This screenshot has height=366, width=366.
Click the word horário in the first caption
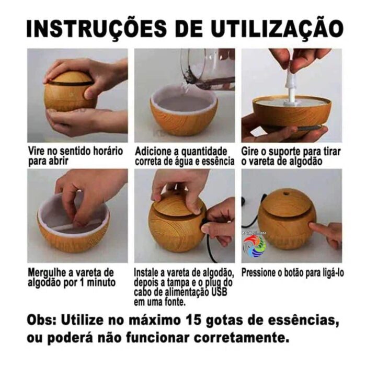(108, 151)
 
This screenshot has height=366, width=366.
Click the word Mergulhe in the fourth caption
(47, 272)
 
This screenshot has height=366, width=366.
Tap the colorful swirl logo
(255, 246)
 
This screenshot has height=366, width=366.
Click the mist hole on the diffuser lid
(285, 194)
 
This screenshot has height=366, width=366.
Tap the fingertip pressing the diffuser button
(312, 226)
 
